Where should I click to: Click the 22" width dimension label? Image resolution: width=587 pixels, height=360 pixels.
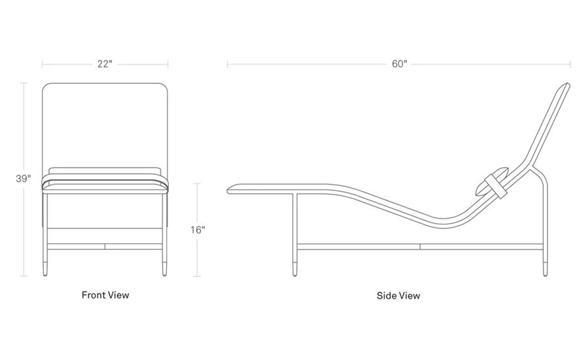[x=105, y=64]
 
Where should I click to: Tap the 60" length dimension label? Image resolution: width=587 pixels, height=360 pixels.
[x=399, y=64]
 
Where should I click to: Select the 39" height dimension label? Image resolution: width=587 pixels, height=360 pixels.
[x=24, y=179]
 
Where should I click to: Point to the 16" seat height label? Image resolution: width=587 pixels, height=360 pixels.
[x=198, y=229]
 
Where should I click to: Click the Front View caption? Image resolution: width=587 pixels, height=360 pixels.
[x=106, y=295]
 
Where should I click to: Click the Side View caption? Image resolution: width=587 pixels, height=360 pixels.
[x=398, y=295]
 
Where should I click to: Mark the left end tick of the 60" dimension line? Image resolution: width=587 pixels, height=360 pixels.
[x=228, y=64]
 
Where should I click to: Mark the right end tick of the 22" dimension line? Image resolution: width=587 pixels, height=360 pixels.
[x=168, y=64]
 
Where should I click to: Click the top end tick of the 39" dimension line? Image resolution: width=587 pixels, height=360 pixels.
[x=24, y=83]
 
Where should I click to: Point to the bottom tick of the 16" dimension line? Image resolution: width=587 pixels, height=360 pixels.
[x=198, y=276]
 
